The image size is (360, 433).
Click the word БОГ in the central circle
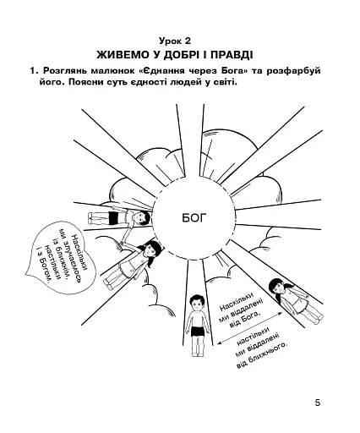pos(194,217)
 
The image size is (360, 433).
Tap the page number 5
pos(318,403)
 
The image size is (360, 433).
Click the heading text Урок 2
pos(175,41)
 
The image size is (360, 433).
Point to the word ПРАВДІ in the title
pos(232,55)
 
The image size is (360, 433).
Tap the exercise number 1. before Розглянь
pos(34,70)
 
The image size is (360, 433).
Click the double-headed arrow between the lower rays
pos(250,328)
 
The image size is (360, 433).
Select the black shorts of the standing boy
pos(199,331)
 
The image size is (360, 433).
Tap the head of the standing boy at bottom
pos(196,303)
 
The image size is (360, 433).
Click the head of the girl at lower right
pos(278,288)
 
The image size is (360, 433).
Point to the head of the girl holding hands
pos(152,249)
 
